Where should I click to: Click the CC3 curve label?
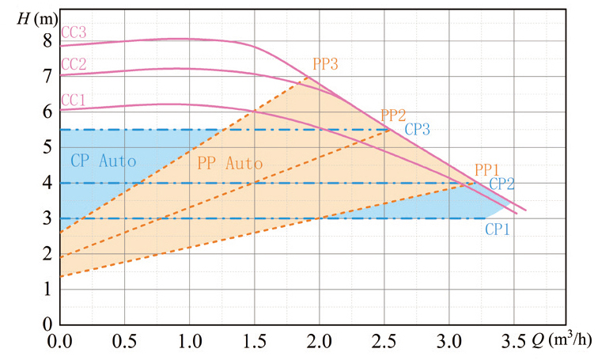tap(73, 32)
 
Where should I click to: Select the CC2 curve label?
tap(73, 64)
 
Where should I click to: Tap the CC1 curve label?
tap(73, 100)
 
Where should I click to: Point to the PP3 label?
tap(325, 63)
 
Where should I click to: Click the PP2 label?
tap(394, 115)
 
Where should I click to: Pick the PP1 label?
tap(486, 169)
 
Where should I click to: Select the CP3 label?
tap(417, 129)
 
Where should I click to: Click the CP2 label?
tap(501, 183)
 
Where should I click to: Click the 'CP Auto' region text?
tap(103, 160)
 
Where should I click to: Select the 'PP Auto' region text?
tap(229, 164)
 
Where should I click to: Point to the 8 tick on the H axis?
tap(47, 40)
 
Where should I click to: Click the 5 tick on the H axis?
tap(47, 147)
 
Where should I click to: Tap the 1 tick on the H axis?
tap(47, 290)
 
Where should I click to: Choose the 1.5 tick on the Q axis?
tap(255, 342)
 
